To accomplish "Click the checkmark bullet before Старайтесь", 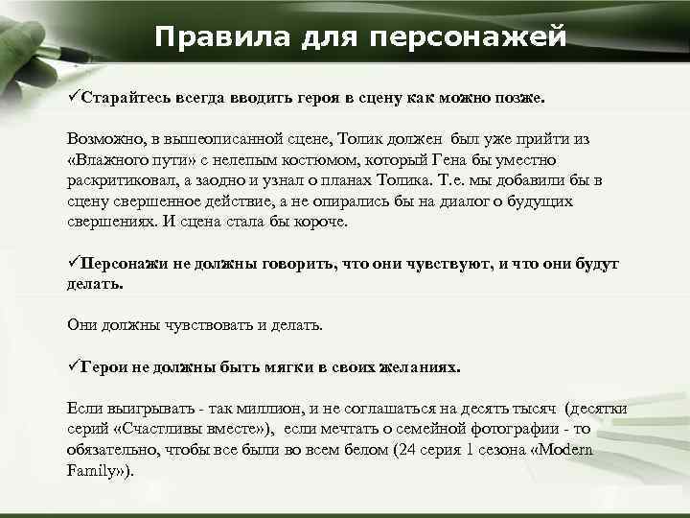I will pos(73,98).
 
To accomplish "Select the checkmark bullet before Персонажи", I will pos(73,263).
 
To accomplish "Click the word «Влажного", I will pos(108,159).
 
